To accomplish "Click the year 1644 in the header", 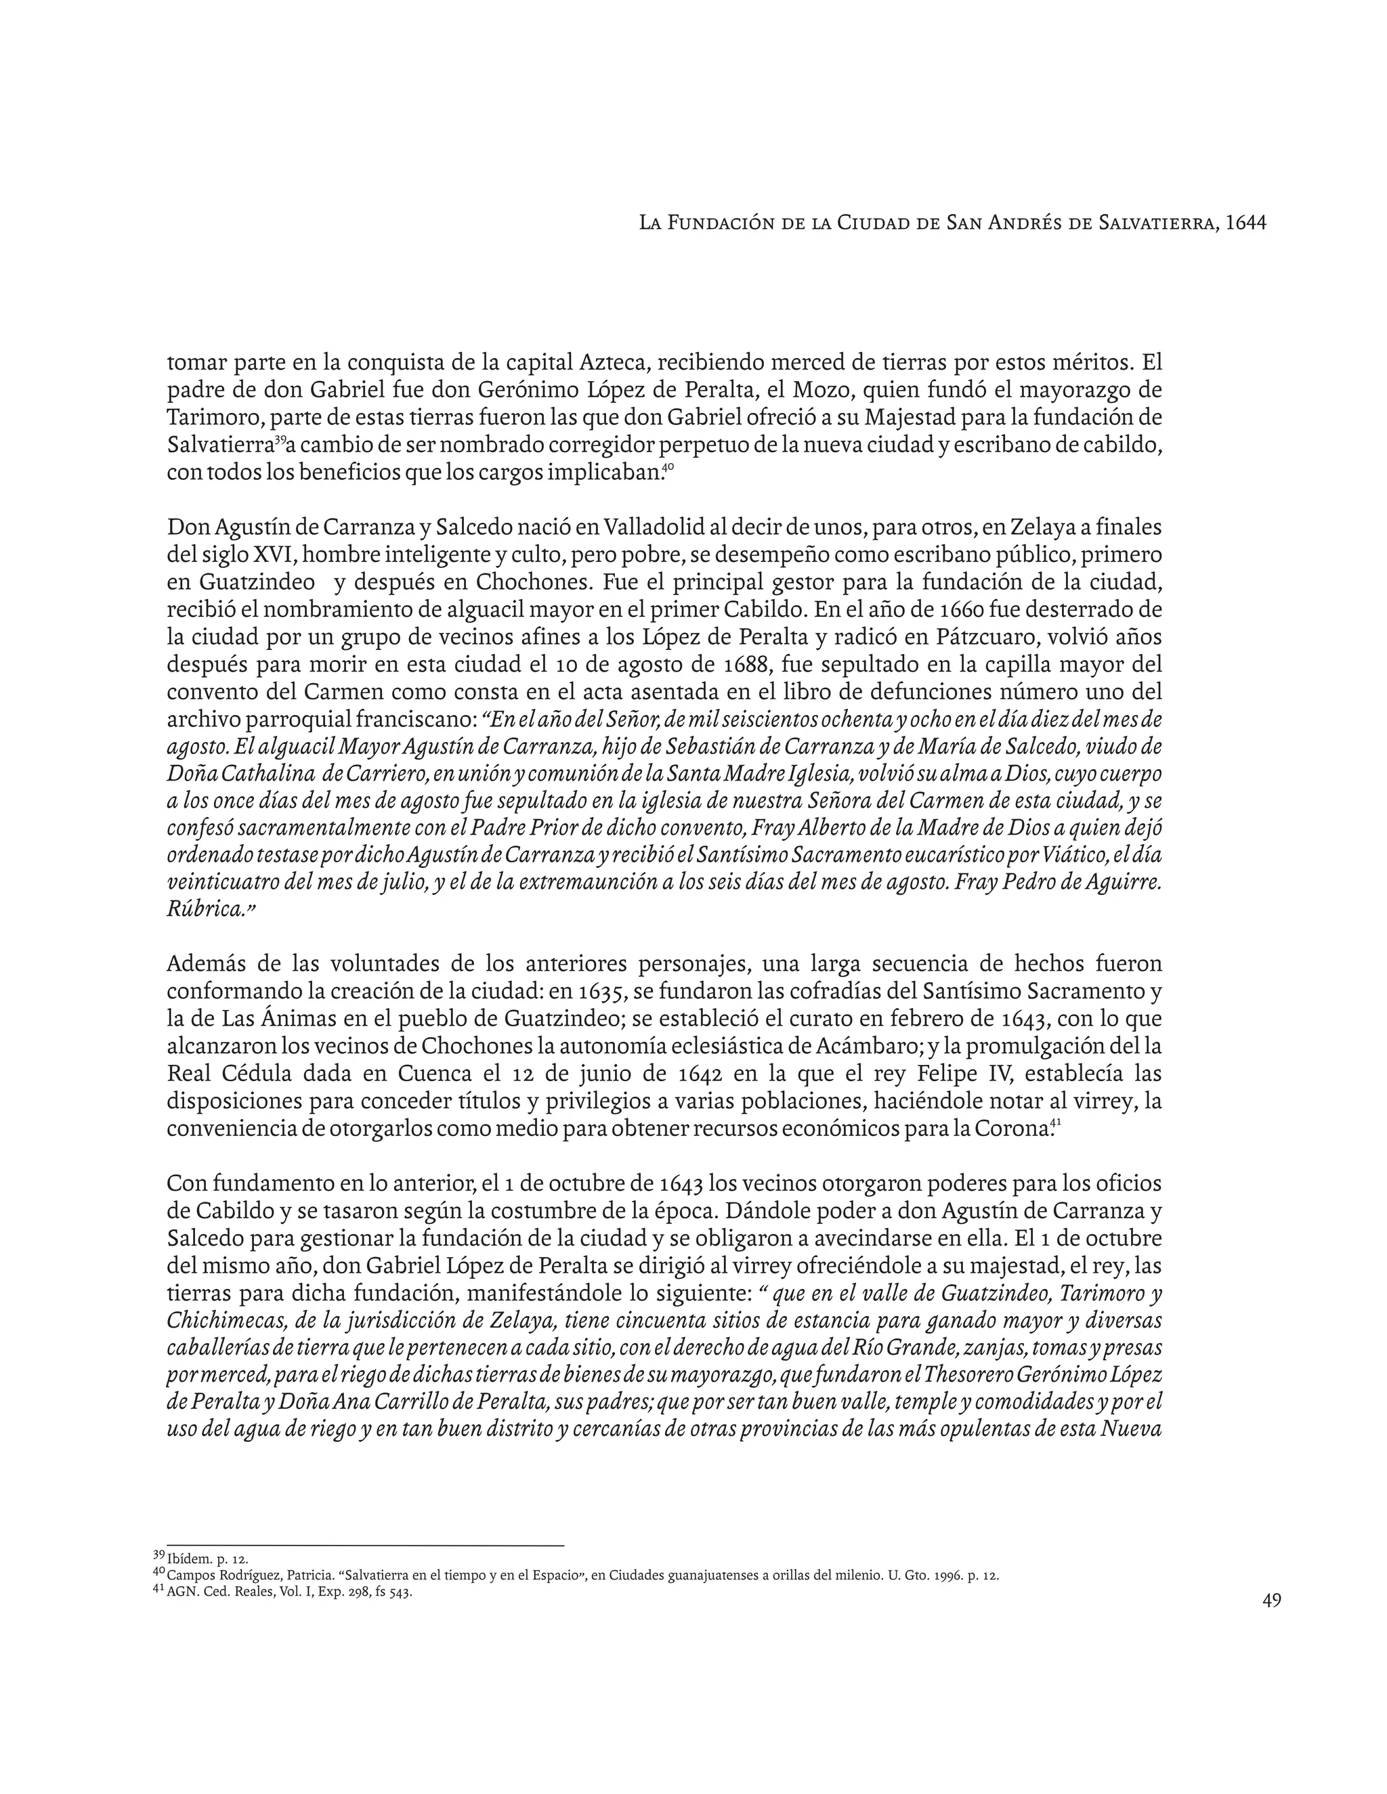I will [x=1245, y=223].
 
